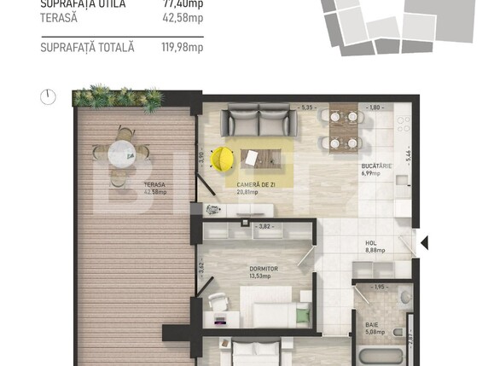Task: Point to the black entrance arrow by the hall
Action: click(424, 244)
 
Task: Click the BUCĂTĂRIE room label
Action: click(375, 166)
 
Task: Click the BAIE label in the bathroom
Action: click(372, 325)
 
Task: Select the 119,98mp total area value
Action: click(183, 48)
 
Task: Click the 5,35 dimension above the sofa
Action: click(308, 107)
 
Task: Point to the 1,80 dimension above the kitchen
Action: click(375, 107)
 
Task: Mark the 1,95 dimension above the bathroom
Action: click(381, 287)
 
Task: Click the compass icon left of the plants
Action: click(49, 96)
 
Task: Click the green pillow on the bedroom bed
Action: click(302, 316)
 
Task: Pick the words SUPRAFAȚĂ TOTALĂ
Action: click(87, 48)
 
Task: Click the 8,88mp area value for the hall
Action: click(375, 251)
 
